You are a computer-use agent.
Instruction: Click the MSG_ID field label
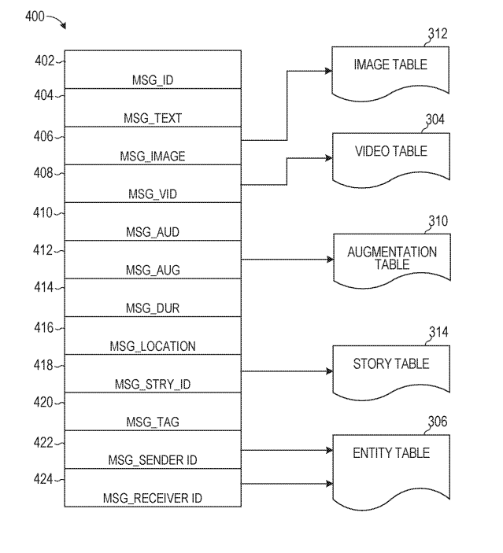153,80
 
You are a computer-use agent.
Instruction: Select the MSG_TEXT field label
153,119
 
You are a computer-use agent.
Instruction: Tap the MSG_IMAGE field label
153,157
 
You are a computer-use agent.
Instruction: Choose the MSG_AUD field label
153,232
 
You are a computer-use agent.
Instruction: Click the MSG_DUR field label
153,308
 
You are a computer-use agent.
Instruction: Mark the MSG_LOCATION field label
153,346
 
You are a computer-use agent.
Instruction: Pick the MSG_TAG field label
153,422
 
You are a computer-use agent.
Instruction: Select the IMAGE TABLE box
390,71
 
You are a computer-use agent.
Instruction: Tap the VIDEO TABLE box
390,157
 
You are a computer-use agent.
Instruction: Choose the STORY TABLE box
390,370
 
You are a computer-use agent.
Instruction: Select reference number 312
438,34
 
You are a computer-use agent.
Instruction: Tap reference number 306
437,422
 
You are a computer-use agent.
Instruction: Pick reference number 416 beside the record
44,328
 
